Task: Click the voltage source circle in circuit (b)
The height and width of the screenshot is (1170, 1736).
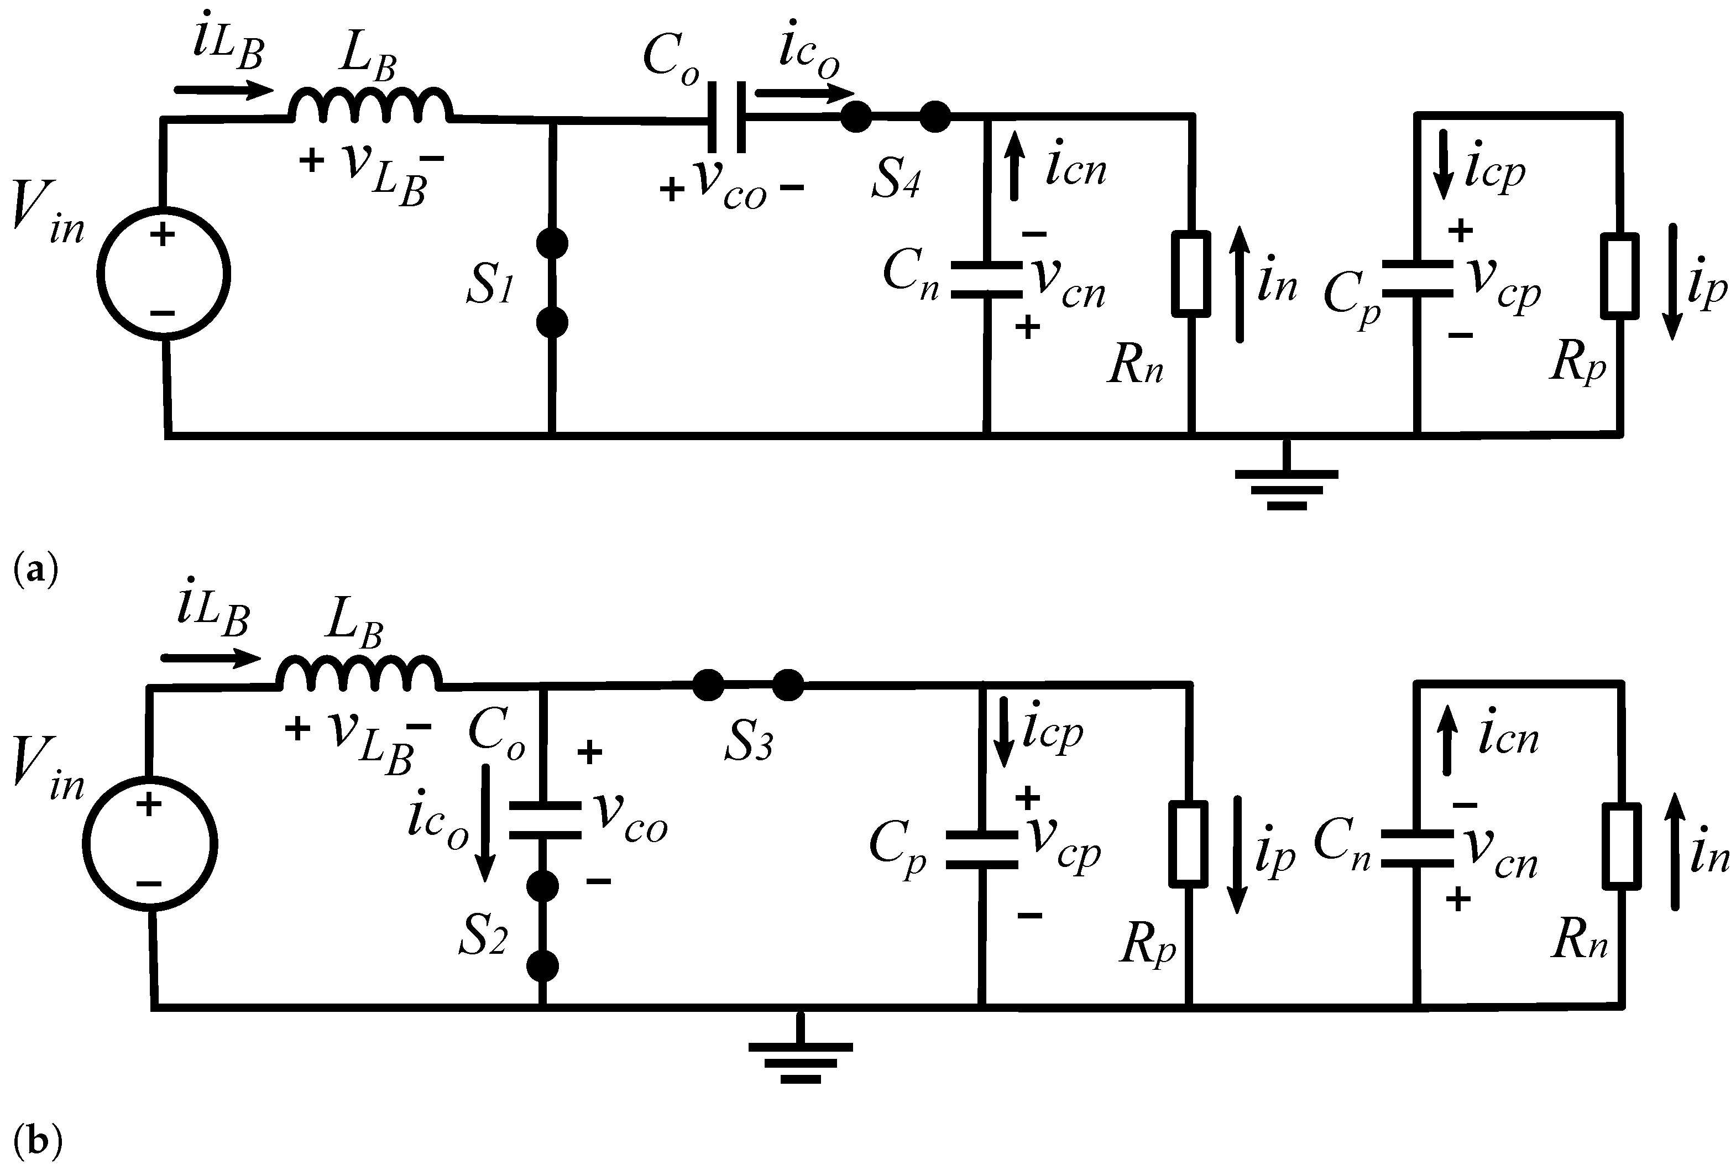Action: coord(149,844)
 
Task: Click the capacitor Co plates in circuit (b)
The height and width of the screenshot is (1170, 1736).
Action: coord(544,820)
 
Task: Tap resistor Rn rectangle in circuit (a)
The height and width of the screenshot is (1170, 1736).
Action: coord(1191,273)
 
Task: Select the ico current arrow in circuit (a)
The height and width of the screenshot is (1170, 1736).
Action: coord(803,94)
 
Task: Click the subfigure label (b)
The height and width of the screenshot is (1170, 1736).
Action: coord(36,1140)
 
